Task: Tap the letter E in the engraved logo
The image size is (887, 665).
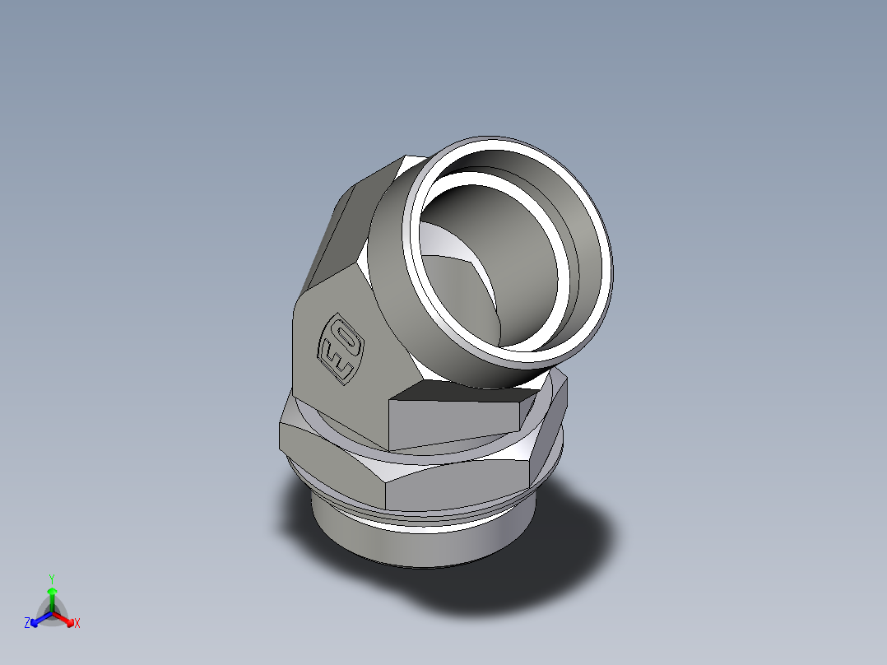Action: coord(333,360)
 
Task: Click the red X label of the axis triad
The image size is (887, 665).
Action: coord(77,624)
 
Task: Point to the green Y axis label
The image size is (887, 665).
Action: coord(51,579)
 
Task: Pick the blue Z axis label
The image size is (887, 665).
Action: coord(27,624)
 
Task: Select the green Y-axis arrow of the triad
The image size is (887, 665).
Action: coord(52,597)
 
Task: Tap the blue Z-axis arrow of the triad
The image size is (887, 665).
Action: coord(39,618)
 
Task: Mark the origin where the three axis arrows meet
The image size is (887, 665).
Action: coord(52,612)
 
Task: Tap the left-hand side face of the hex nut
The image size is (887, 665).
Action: coord(329,458)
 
